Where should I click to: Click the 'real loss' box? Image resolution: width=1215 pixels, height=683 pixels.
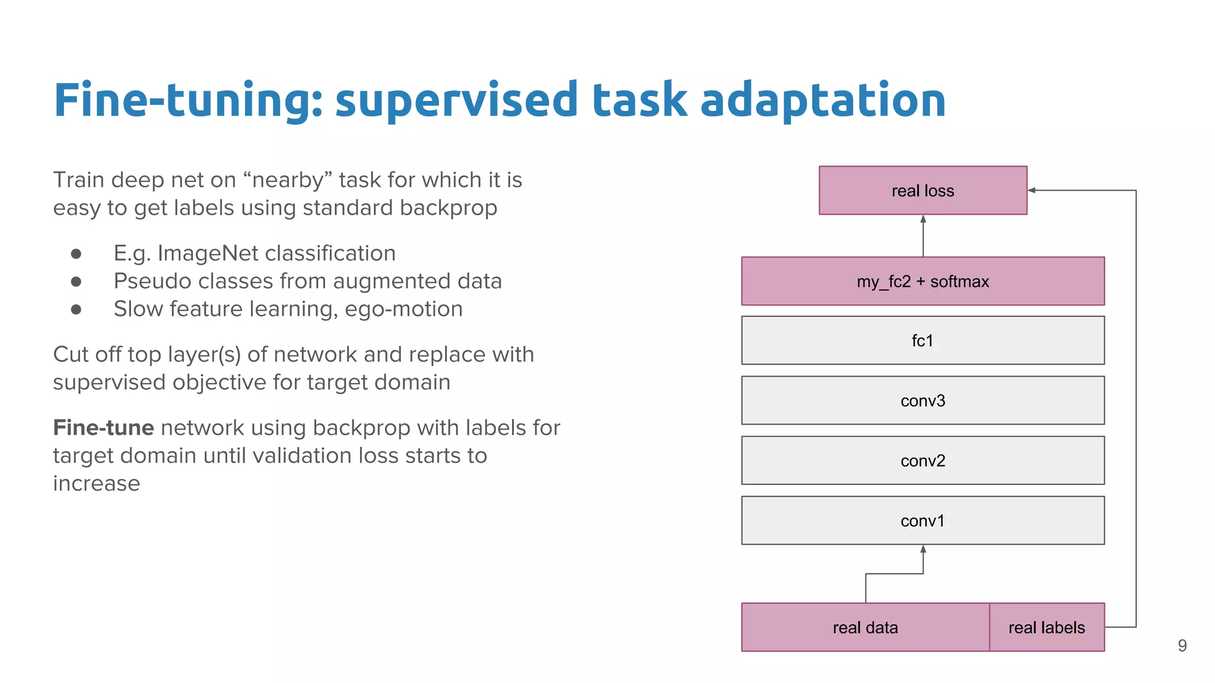(923, 190)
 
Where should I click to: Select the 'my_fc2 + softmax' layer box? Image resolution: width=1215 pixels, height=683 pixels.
(923, 281)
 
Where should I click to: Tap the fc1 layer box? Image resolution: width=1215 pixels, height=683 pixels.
(923, 340)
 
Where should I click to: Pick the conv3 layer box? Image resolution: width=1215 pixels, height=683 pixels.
(923, 401)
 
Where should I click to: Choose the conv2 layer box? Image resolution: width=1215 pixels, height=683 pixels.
(923, 461)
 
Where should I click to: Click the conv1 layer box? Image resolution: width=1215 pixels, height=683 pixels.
(923, 521)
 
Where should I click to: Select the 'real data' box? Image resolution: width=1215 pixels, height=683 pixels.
(865, 627)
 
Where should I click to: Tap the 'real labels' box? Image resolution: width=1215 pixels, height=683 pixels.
(1047, 627)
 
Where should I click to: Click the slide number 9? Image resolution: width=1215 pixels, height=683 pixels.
(1182, 646)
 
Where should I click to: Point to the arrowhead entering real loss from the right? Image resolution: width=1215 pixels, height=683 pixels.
(1032, 190)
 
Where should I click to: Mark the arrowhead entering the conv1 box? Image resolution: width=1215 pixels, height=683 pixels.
(923, 549)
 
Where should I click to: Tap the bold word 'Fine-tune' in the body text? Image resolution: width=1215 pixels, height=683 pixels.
(103, 427)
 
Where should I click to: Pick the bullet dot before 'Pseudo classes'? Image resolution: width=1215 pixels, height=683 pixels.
(76, 282)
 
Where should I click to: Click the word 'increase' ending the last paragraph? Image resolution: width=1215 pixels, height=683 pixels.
(97, 483)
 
